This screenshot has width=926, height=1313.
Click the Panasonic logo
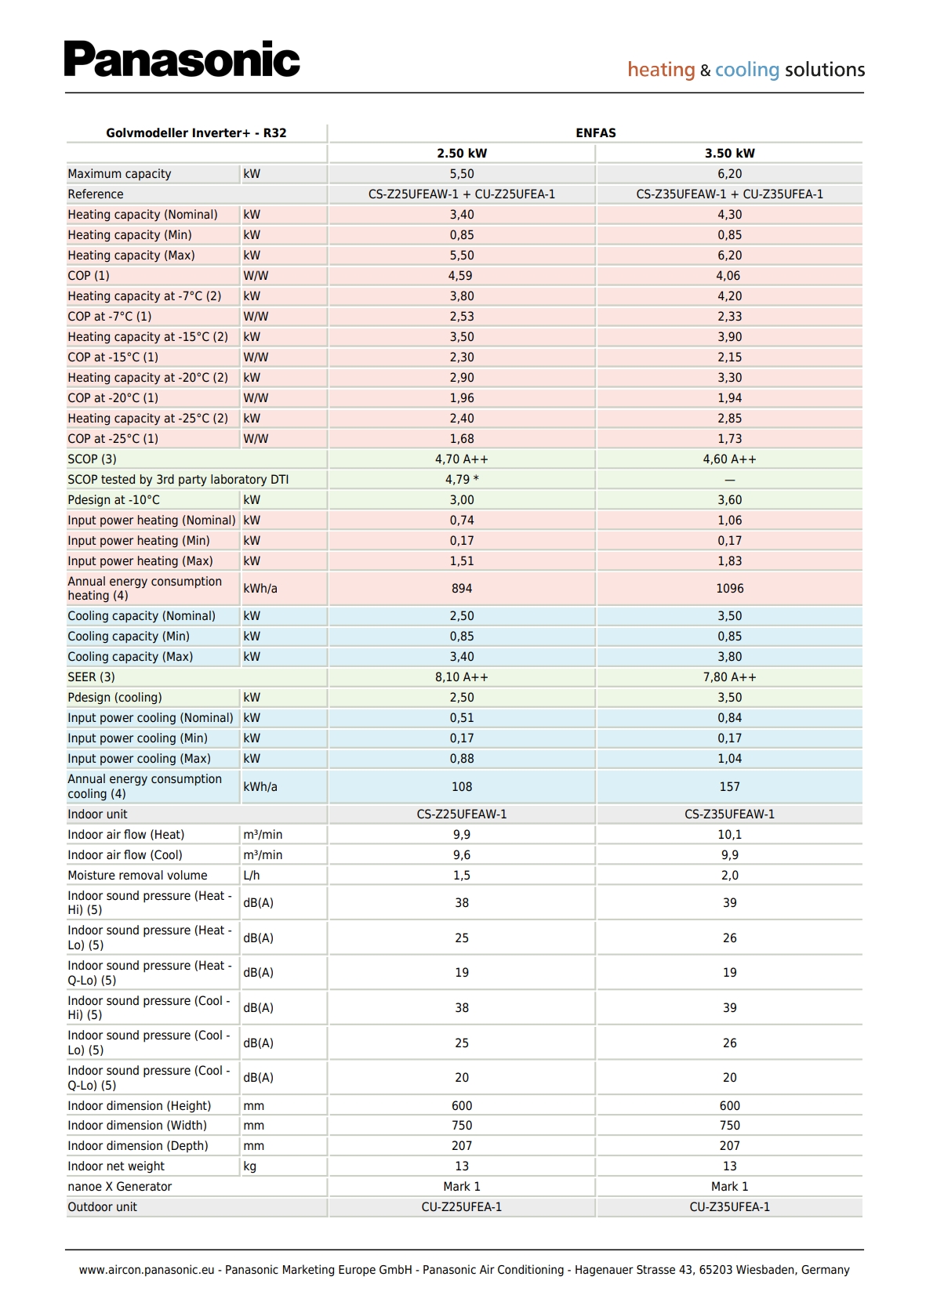pyautogui.click(x=182, y=60)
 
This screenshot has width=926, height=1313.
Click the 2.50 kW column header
pyautogui.click(x=462, y=154)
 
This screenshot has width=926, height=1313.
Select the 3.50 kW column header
pyautogui.click(x=729, y=154)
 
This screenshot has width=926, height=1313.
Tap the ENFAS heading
pyautogui.click(x=595, y=133)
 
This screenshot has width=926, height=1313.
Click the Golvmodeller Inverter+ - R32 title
pyautogui.click(x=196, y=133)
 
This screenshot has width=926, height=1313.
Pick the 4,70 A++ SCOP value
pyautogui.click(x=462, y=459)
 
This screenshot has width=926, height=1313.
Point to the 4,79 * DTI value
pyautogui.click(x=462, y=480)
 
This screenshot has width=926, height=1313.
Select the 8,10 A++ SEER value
pyautogui.click(x=462, y=677)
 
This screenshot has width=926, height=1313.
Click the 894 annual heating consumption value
pyautogui.click(x=462, y=589)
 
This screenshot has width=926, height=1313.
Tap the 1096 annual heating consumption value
pyautogui.click(x=729, y=589)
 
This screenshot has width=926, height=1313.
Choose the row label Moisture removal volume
pyautogui.click(x=137, y=876)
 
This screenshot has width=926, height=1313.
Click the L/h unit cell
pyautogui.click(x=252, y=876)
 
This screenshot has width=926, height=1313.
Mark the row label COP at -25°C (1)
pyautogui.click(x=113, y=439)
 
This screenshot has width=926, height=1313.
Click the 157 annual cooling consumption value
pyautogui.click(x=729, y=787)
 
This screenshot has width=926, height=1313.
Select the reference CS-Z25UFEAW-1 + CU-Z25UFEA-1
pyautogui.click(x=462, y=194)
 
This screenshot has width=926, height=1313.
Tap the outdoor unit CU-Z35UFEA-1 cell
pyautogui.click(x=729, y=1207)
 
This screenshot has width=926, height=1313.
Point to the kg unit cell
pyautogui.click(x=250, y=1166)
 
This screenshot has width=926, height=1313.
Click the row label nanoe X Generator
pyautogui.click(x=119, y=1187)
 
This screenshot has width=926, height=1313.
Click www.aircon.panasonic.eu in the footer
pyautogui.click(x=147, y=1270)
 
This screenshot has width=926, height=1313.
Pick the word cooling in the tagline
pyautogui.click(x=746, y=70)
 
